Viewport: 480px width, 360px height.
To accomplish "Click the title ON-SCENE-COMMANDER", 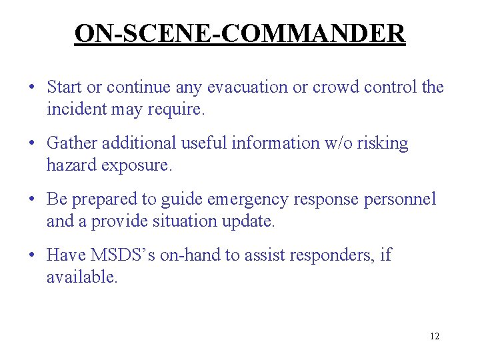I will [x=240, y=33].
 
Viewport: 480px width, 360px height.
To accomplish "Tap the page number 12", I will [x=435, y=336].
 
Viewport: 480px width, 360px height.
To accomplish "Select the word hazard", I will [x=71, y=165].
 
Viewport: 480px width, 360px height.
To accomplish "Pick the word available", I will [x=81, y=277].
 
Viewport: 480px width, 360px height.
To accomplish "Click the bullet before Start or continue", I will [x=31, y=88].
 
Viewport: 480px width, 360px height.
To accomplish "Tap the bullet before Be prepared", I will [x=31, y=200].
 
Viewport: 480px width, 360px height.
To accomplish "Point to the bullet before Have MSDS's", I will [x=31, y=255].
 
